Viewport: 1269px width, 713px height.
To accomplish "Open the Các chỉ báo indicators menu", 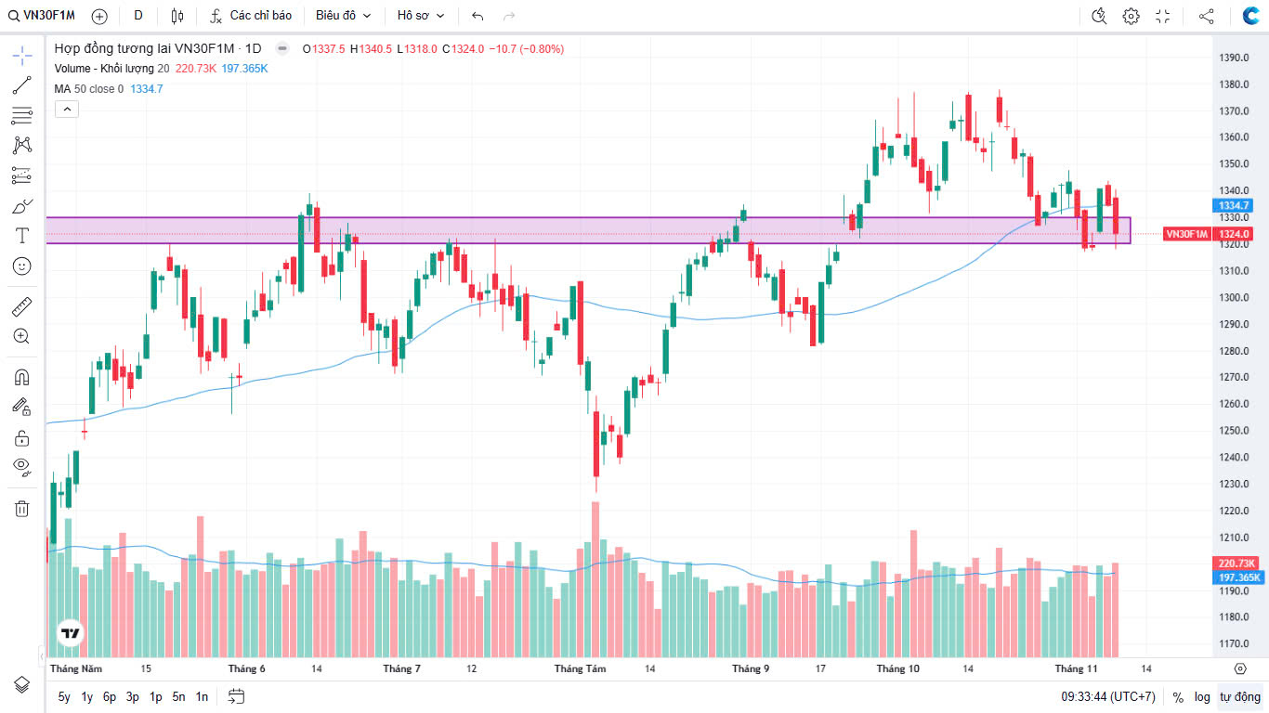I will coord(251,16).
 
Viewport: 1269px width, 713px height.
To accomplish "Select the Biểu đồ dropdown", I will coord(343,16).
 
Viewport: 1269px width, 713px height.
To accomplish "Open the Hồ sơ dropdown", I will coord(421,16).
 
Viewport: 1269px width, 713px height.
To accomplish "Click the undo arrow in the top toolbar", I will coord(478,16).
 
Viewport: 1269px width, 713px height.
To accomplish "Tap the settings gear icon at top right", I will coord(1131,16).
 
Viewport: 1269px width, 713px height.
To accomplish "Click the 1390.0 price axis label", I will coord(1234,58).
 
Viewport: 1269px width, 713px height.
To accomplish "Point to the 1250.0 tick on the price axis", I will coord(1234,431).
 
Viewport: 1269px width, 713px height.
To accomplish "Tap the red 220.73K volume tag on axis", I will coord(1236,564).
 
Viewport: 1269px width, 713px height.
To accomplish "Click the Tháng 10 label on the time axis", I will coord(897,668).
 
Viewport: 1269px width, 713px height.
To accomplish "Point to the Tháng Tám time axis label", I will coord(580,668).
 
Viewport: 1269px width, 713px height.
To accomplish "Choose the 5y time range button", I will coord(64,696).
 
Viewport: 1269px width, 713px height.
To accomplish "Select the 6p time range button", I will coord(110,696).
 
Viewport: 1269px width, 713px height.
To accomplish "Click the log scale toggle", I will coord(1202,696).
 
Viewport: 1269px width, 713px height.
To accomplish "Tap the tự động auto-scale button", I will coord(1240,696).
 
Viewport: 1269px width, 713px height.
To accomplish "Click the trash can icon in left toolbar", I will coord(22,508).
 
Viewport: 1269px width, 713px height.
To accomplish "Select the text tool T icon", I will coord(22,236).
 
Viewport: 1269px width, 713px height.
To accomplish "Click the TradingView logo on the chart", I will coord(70,634).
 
